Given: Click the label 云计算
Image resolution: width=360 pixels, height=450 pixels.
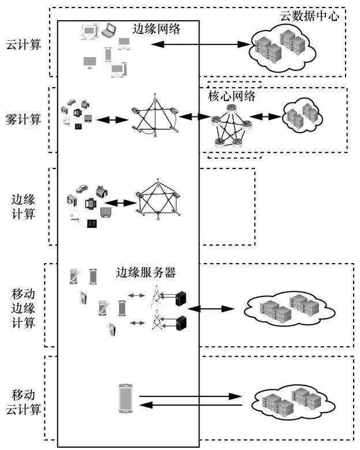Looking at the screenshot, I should (23, 44).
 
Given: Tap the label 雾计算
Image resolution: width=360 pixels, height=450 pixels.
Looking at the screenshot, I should (23, 119).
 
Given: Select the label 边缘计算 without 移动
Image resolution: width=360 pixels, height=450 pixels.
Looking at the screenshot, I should (23, 207).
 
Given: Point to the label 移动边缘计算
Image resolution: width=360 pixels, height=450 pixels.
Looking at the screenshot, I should (23, 309).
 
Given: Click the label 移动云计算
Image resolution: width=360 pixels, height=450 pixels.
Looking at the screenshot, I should (23, 402).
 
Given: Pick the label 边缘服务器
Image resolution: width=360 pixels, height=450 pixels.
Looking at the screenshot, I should (146, 272).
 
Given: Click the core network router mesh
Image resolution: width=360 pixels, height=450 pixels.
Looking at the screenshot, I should (230, 127).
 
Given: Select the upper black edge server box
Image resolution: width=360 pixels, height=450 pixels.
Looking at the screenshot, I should (182, 297).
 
